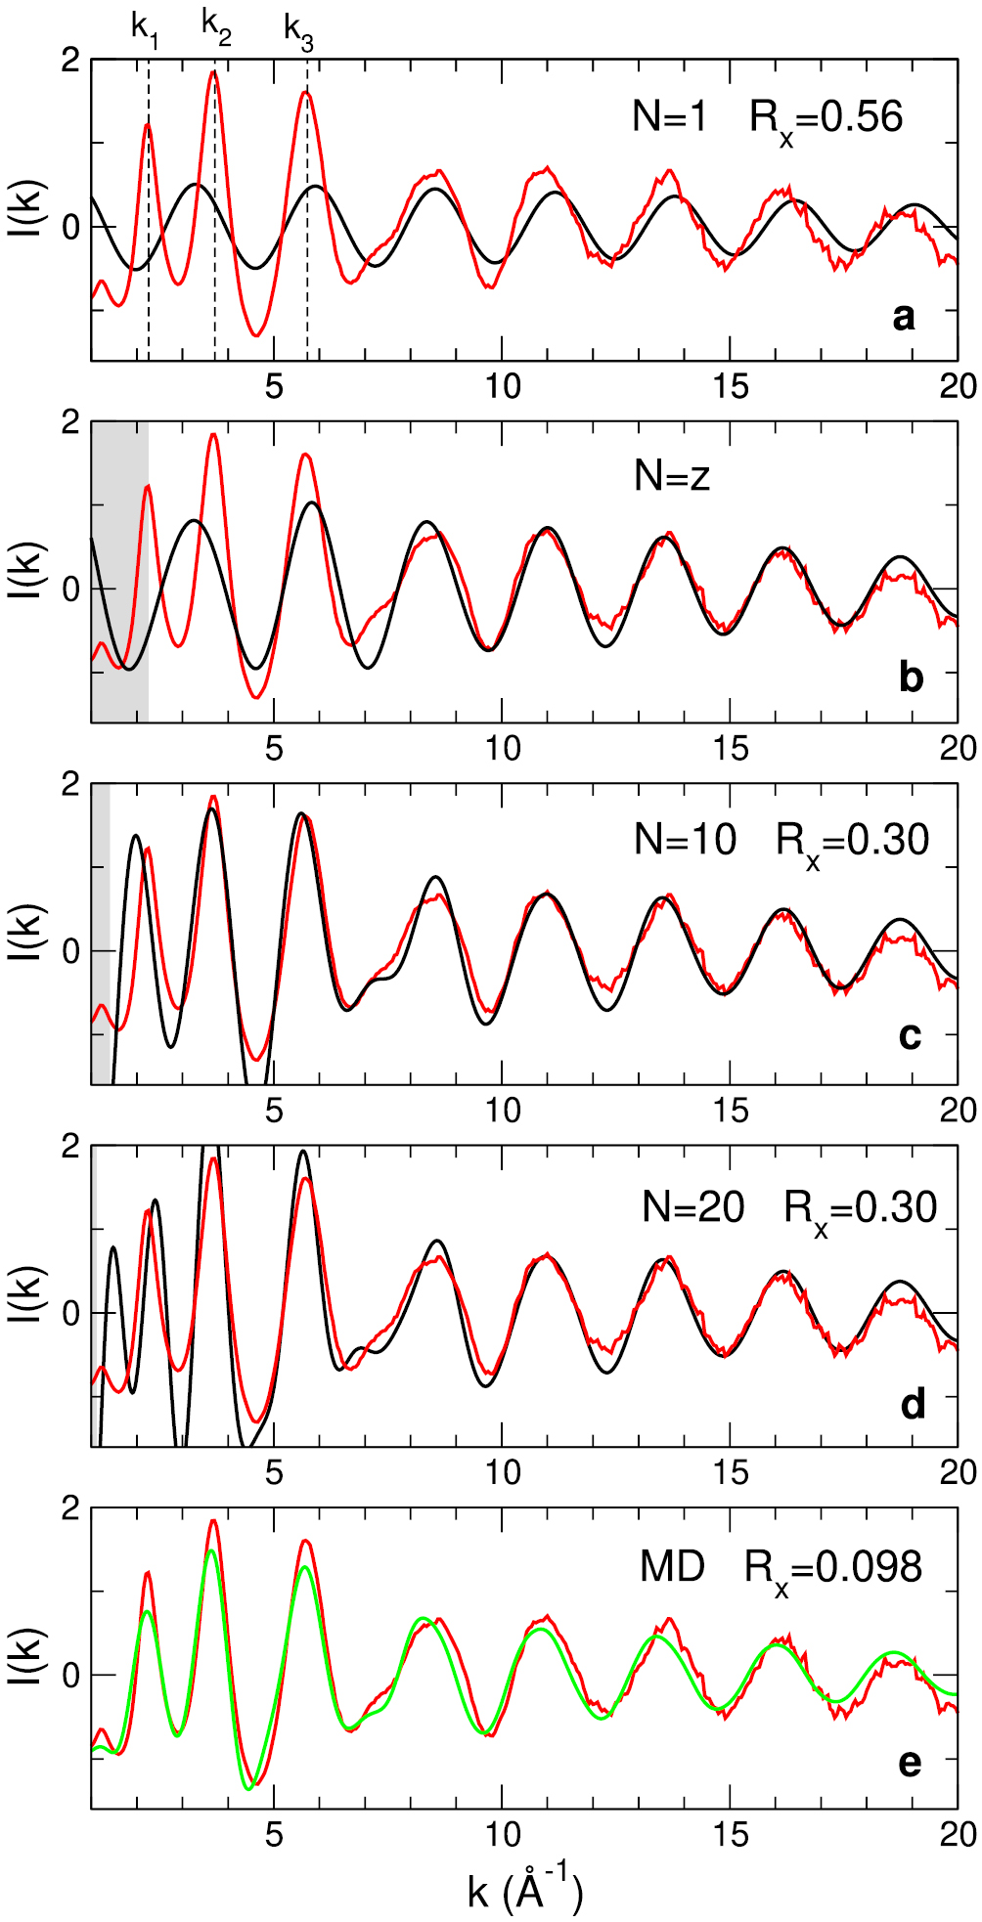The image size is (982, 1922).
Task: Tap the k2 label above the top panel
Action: pos(216,26)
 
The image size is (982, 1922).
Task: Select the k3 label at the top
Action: pos(298,29)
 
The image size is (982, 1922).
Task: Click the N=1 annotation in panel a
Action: pos(670,117)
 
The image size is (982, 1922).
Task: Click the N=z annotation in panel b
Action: pos(672,476)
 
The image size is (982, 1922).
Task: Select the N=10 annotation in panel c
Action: pos(685,839)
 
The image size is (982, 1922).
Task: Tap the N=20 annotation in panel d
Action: pos(693,1207)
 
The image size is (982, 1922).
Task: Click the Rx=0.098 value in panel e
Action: pos(833,1569)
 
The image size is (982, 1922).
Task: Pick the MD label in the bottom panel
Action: pos(672,1567)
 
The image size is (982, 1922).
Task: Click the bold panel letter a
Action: pos(904,317)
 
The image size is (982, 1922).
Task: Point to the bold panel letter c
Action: pos(910,1036)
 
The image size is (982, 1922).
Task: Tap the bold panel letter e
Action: pos(910,1763)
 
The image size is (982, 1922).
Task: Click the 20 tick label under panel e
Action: pos(958,1834)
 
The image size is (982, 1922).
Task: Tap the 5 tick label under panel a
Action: pos(274,386)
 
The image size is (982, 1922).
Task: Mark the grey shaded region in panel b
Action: pos(120,572)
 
